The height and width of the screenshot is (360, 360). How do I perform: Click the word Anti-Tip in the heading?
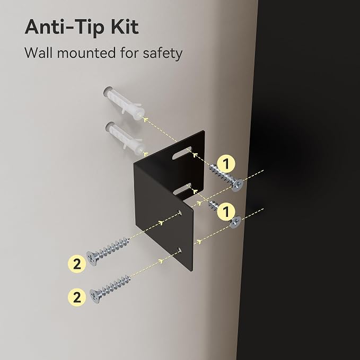(66, 28)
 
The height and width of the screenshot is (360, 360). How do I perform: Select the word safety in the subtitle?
(163, 54)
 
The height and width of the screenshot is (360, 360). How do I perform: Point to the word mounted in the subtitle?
(86, 53)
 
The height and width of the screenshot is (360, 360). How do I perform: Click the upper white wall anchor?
(124, 103)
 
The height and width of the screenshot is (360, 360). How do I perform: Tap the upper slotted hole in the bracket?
(182, 153)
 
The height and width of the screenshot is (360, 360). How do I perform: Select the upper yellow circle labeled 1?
(226, 164)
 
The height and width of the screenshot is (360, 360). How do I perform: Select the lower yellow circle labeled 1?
(226, 212)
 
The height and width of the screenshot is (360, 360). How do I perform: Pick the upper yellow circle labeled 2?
(77, 264)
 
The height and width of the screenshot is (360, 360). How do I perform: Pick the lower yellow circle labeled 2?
(77, 297)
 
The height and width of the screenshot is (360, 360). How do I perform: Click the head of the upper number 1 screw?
(238, 185)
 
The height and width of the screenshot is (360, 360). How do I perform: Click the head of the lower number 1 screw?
(235, 222)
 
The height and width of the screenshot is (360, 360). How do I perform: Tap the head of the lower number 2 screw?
(95, 296)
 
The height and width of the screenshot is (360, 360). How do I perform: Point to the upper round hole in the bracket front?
(180, 213)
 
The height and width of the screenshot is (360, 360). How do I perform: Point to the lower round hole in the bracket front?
(180, 250)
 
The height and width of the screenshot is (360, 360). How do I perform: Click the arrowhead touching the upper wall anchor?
(145, 119)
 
